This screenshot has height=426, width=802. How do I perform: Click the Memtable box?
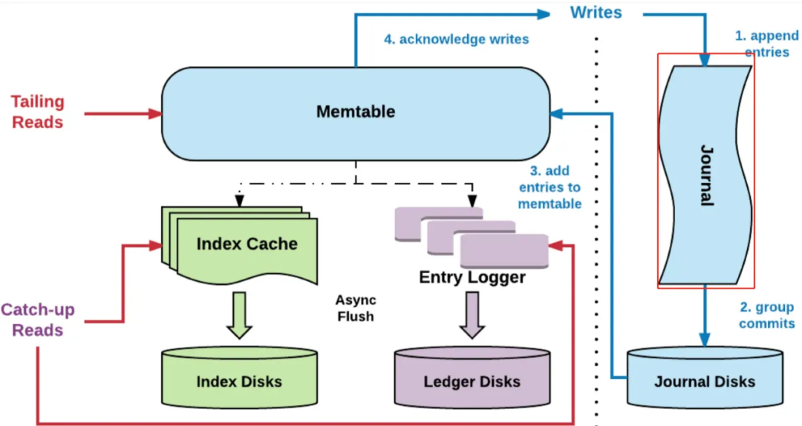click(356, 114)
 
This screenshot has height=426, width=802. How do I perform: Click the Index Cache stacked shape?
click(239, 245)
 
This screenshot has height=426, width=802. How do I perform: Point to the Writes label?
click(596, 13)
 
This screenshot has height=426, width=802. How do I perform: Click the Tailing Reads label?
click(38, 112)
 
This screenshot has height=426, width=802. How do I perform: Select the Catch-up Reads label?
click(38, 320)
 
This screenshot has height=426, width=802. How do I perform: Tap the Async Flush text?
click(356, 309)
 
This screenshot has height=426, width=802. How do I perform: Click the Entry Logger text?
click(472, 277)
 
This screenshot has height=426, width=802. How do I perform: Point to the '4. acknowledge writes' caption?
click(456, 39)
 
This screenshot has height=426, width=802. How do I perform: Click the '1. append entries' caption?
click(766, 44)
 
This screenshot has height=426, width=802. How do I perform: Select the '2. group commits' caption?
click(766, 315)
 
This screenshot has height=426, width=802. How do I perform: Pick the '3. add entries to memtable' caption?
click(550, 187)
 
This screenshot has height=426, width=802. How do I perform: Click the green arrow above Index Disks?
click(239, 315)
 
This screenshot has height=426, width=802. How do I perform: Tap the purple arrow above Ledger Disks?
click(472, 315)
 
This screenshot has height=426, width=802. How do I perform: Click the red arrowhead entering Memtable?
click(155, 114)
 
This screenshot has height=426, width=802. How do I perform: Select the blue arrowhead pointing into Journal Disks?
click(705, 340)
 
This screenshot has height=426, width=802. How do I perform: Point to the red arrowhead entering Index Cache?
click(155, 246)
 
